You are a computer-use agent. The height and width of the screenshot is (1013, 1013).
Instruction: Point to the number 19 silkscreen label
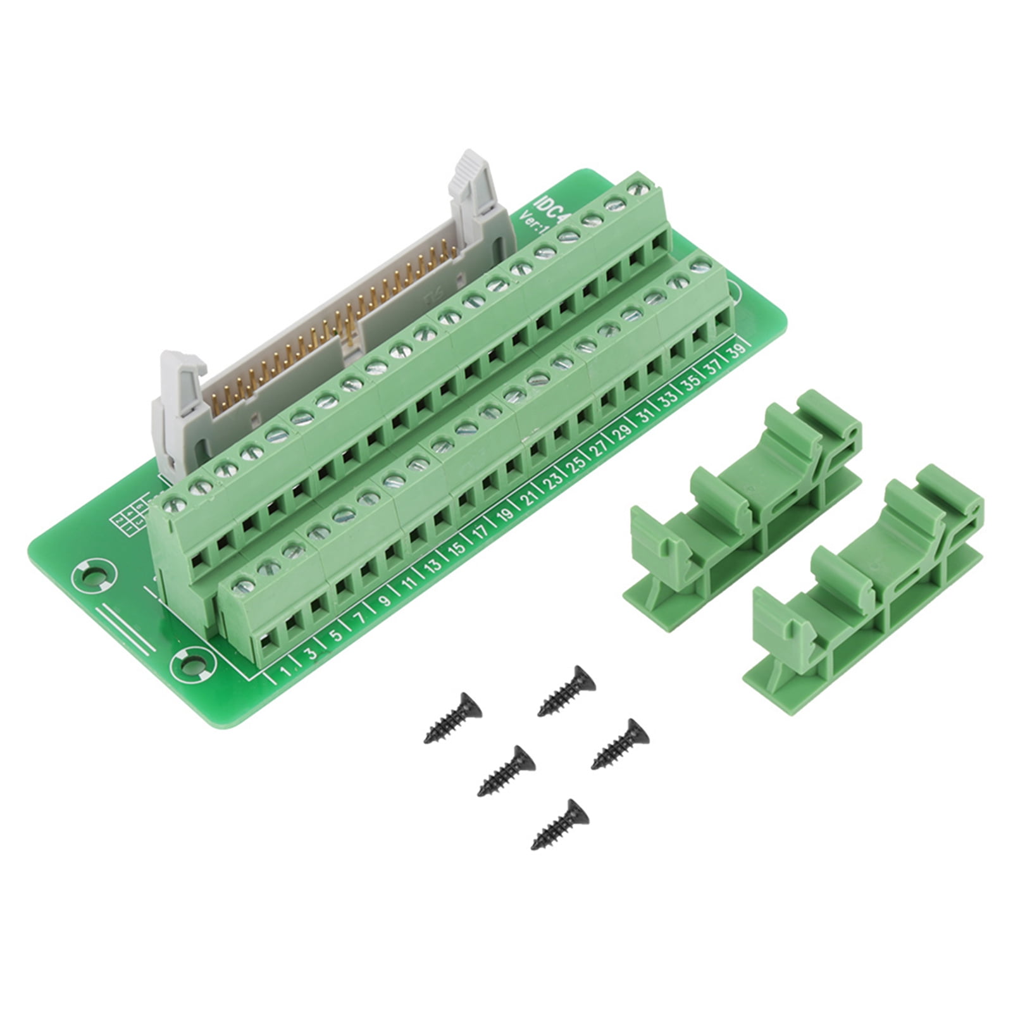[x=504, y=515]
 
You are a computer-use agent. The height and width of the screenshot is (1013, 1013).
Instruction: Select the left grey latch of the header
[x=180, y=399]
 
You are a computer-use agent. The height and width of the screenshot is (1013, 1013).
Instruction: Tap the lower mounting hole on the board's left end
[x=189, y=665]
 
